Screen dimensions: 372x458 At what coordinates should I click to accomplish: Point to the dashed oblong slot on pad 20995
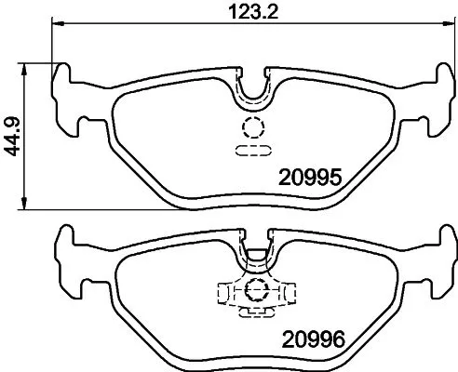click(252, 148)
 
